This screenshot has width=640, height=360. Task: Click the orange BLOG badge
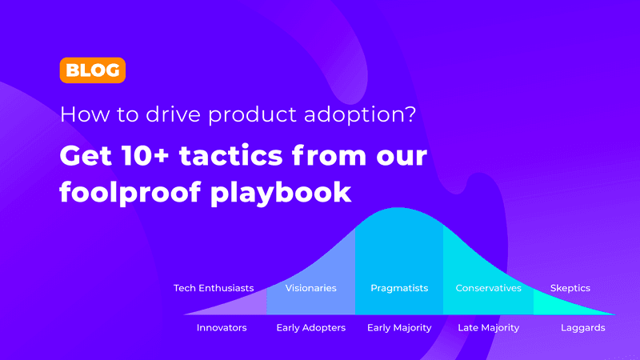click(x=92, y=70)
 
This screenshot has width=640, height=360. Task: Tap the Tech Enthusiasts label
click(x=214, y=288)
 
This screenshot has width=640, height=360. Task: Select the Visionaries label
click(x=311, y=288)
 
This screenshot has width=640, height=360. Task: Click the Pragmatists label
click(x=399, y=288)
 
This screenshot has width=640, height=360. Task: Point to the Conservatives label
click(x=488, y=288)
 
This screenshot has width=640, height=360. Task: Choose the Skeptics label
click(x=570, y=288)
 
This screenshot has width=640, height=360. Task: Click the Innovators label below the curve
click(x=222, y=328)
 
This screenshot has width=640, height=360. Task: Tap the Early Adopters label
click(x=311, y=328)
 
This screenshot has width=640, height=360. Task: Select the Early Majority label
click(x=399, y=328)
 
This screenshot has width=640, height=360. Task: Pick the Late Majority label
click(x=488, y=328)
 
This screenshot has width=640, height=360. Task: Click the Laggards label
click(x=582, y=328)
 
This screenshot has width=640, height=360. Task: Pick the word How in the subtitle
click(x=81, y=114)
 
